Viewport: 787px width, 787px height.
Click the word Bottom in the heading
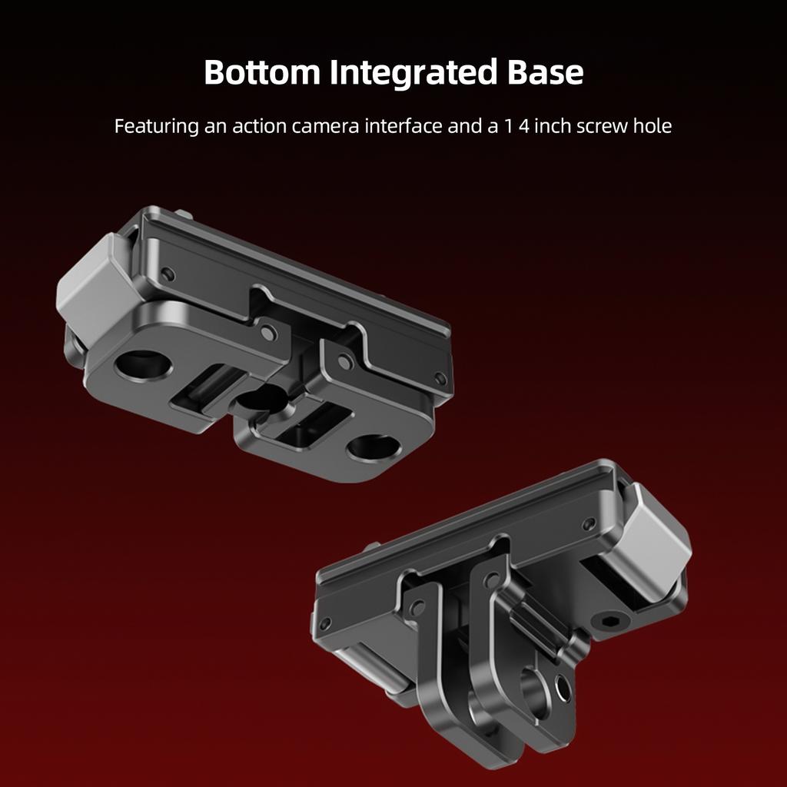262,71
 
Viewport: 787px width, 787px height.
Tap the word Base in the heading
545,71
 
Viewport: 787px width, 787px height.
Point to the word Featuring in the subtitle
157,126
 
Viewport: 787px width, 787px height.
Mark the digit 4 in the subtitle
524,126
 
